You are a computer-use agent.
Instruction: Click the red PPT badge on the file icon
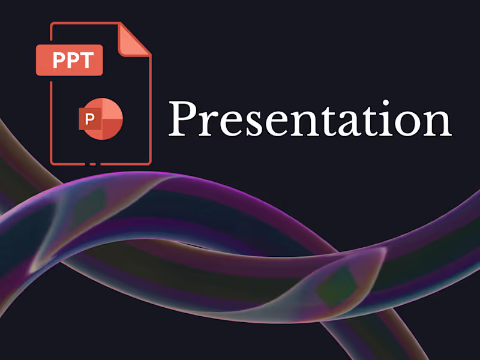(x=69, y=60)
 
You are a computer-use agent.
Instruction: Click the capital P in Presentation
(x=182, y=118)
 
